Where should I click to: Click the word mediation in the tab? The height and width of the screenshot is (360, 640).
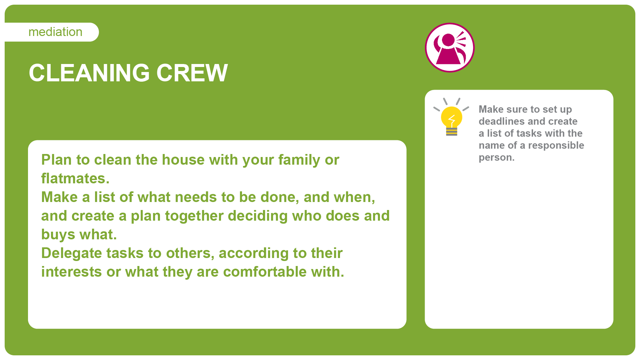(55, 32)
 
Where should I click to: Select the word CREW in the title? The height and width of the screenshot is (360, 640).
(192, 73)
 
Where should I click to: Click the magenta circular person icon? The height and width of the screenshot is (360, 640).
(450, 47)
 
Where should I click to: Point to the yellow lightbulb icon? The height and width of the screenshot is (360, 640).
(451, 117)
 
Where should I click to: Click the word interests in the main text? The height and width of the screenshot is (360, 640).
(71, 272)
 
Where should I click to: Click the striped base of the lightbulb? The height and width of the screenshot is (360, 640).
(451, 132)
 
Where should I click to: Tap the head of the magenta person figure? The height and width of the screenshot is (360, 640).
(448, 40)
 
